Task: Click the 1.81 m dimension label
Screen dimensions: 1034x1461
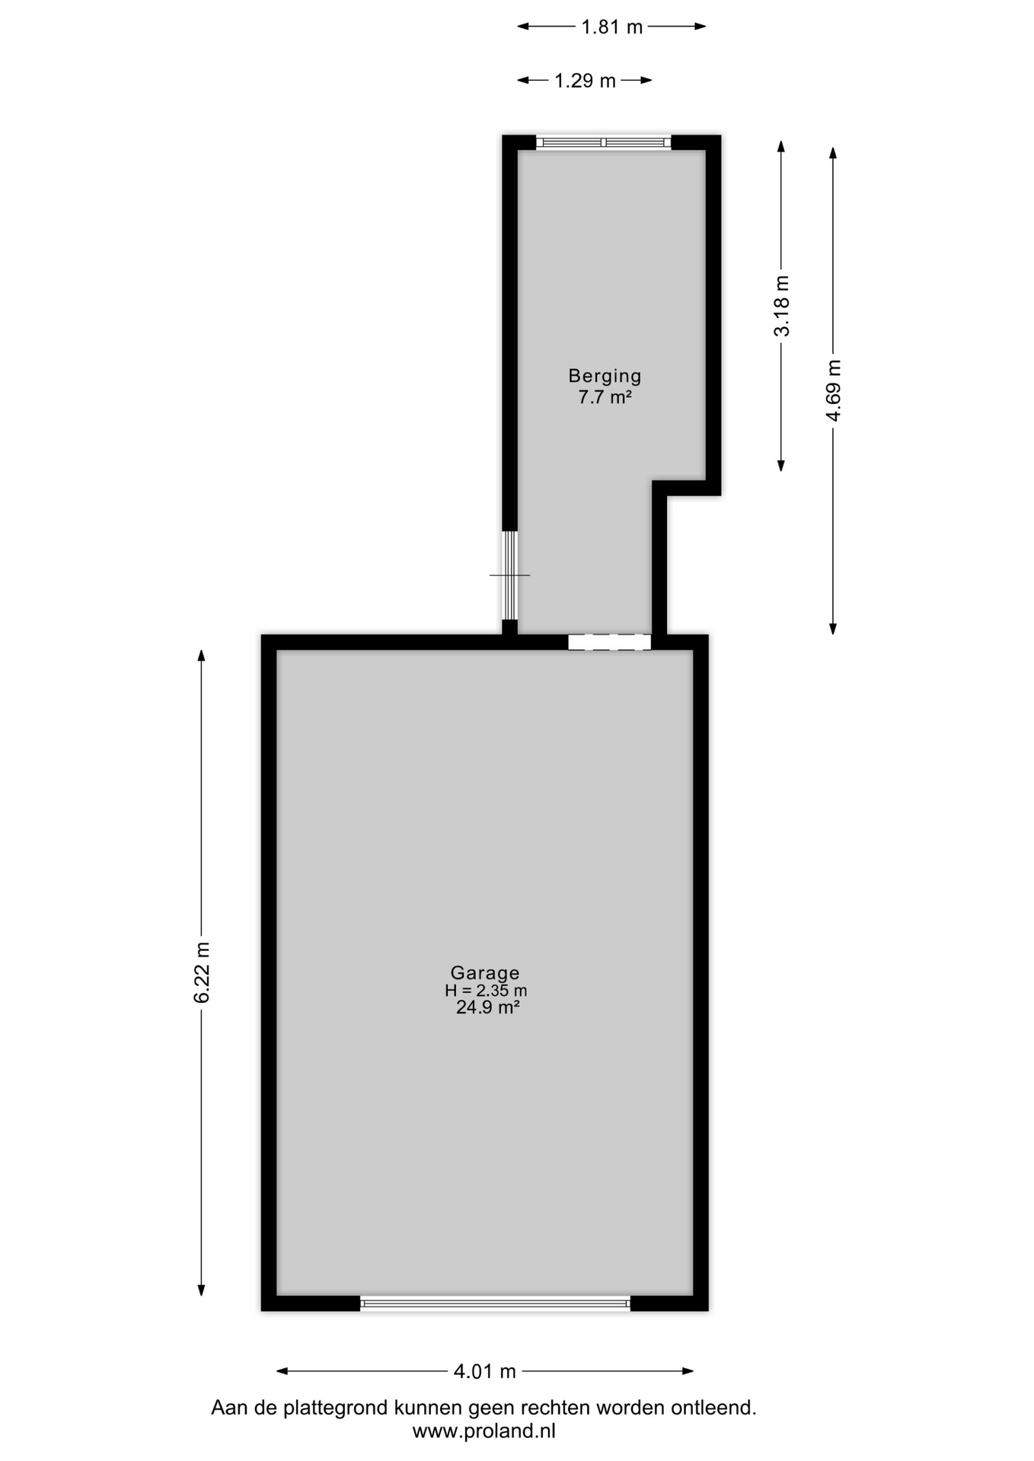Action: point(612,27)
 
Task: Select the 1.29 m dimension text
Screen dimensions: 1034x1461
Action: point(585,81)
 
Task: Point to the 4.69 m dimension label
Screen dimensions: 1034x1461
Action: point(834,390)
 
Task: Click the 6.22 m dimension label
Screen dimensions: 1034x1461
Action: point(202,972)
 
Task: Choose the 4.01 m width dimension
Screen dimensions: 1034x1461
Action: point(485,1371)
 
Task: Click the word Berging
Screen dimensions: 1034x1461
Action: point(605,375)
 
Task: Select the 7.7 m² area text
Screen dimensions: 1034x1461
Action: point(605,396)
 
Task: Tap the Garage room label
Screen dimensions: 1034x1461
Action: point(485,972)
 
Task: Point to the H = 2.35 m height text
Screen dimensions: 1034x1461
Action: point(486,991)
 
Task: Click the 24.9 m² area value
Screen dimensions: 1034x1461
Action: point(487,1007)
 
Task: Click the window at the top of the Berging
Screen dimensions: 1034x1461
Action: point(604,142)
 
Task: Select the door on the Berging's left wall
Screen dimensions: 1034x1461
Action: point(510,575)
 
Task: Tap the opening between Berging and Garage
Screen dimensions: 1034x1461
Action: point(610,642)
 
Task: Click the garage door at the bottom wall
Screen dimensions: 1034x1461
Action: point(496,1303)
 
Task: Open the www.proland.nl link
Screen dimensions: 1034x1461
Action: point(484,1431)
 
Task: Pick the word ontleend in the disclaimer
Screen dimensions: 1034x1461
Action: point(713,1408)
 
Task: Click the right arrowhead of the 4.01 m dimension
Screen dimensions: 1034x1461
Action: point(688,1371)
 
